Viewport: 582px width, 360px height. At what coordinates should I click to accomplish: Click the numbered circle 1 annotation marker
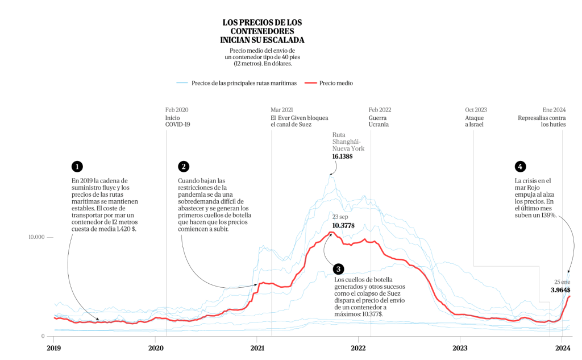coord(77,167)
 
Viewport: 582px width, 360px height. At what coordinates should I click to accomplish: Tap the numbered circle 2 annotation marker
coord(183,167)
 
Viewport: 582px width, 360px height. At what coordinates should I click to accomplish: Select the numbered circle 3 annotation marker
coord(339,269)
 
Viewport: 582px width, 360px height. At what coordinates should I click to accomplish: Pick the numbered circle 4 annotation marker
coord(519,167)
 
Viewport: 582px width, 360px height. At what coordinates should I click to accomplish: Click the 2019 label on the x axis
coord(53,348)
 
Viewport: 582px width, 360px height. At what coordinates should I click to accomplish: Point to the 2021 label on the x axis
coord(257,348)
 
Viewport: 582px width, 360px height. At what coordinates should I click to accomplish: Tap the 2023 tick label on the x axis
coord(460,348)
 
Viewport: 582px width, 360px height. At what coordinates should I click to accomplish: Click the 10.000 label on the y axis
coord(36,237)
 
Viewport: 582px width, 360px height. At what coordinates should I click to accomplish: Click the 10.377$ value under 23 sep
coord(343,226)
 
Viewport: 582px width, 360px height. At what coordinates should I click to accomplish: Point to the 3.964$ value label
coord(560,290)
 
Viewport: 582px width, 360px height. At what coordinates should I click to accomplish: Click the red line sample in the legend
coord(309,83)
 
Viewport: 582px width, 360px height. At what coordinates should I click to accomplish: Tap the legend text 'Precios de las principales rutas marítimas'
coord(244,83)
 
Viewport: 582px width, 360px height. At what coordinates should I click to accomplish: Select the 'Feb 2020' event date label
coord(177,110)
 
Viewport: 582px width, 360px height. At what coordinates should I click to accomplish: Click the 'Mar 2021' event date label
coord(282,110)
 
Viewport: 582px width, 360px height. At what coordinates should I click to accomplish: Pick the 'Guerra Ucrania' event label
coord(380,121)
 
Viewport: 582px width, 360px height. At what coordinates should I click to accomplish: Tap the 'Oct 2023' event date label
coord(476,110)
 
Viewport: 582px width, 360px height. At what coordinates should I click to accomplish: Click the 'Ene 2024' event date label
coord(554,110)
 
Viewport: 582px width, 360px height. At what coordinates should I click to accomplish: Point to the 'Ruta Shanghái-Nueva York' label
coord(348,142)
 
